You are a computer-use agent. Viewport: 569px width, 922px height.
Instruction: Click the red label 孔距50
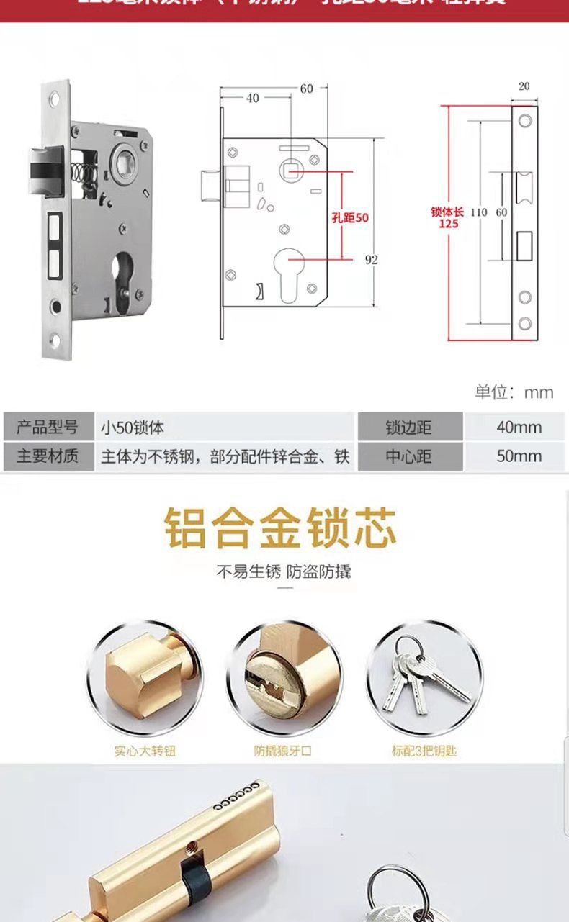(x=349, y=217)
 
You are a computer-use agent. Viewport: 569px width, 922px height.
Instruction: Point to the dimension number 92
(x=371, y=260)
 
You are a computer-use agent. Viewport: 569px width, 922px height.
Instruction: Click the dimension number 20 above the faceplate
(x=524, y=86)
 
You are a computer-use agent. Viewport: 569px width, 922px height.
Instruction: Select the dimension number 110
(x=479, y=212)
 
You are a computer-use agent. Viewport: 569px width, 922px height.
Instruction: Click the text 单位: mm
(x=514, y=392)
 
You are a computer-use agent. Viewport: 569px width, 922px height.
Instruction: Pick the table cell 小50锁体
(x=133, y=428)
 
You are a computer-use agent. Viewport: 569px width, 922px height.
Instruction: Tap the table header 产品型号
(x=48, y=428)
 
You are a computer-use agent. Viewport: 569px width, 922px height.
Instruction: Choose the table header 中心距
(x=408, y=456)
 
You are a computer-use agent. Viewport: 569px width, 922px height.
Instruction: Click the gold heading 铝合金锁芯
(x=281, y=528)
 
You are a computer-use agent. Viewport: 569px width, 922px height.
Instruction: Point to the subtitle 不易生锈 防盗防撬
(x=284, y=572)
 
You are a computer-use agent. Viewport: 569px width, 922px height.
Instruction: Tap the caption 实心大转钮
(x=145, y=751)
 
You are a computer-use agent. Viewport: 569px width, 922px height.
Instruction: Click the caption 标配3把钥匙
(x=424, y=751)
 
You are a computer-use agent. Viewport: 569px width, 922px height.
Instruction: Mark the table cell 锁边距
(x=408, y=428)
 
